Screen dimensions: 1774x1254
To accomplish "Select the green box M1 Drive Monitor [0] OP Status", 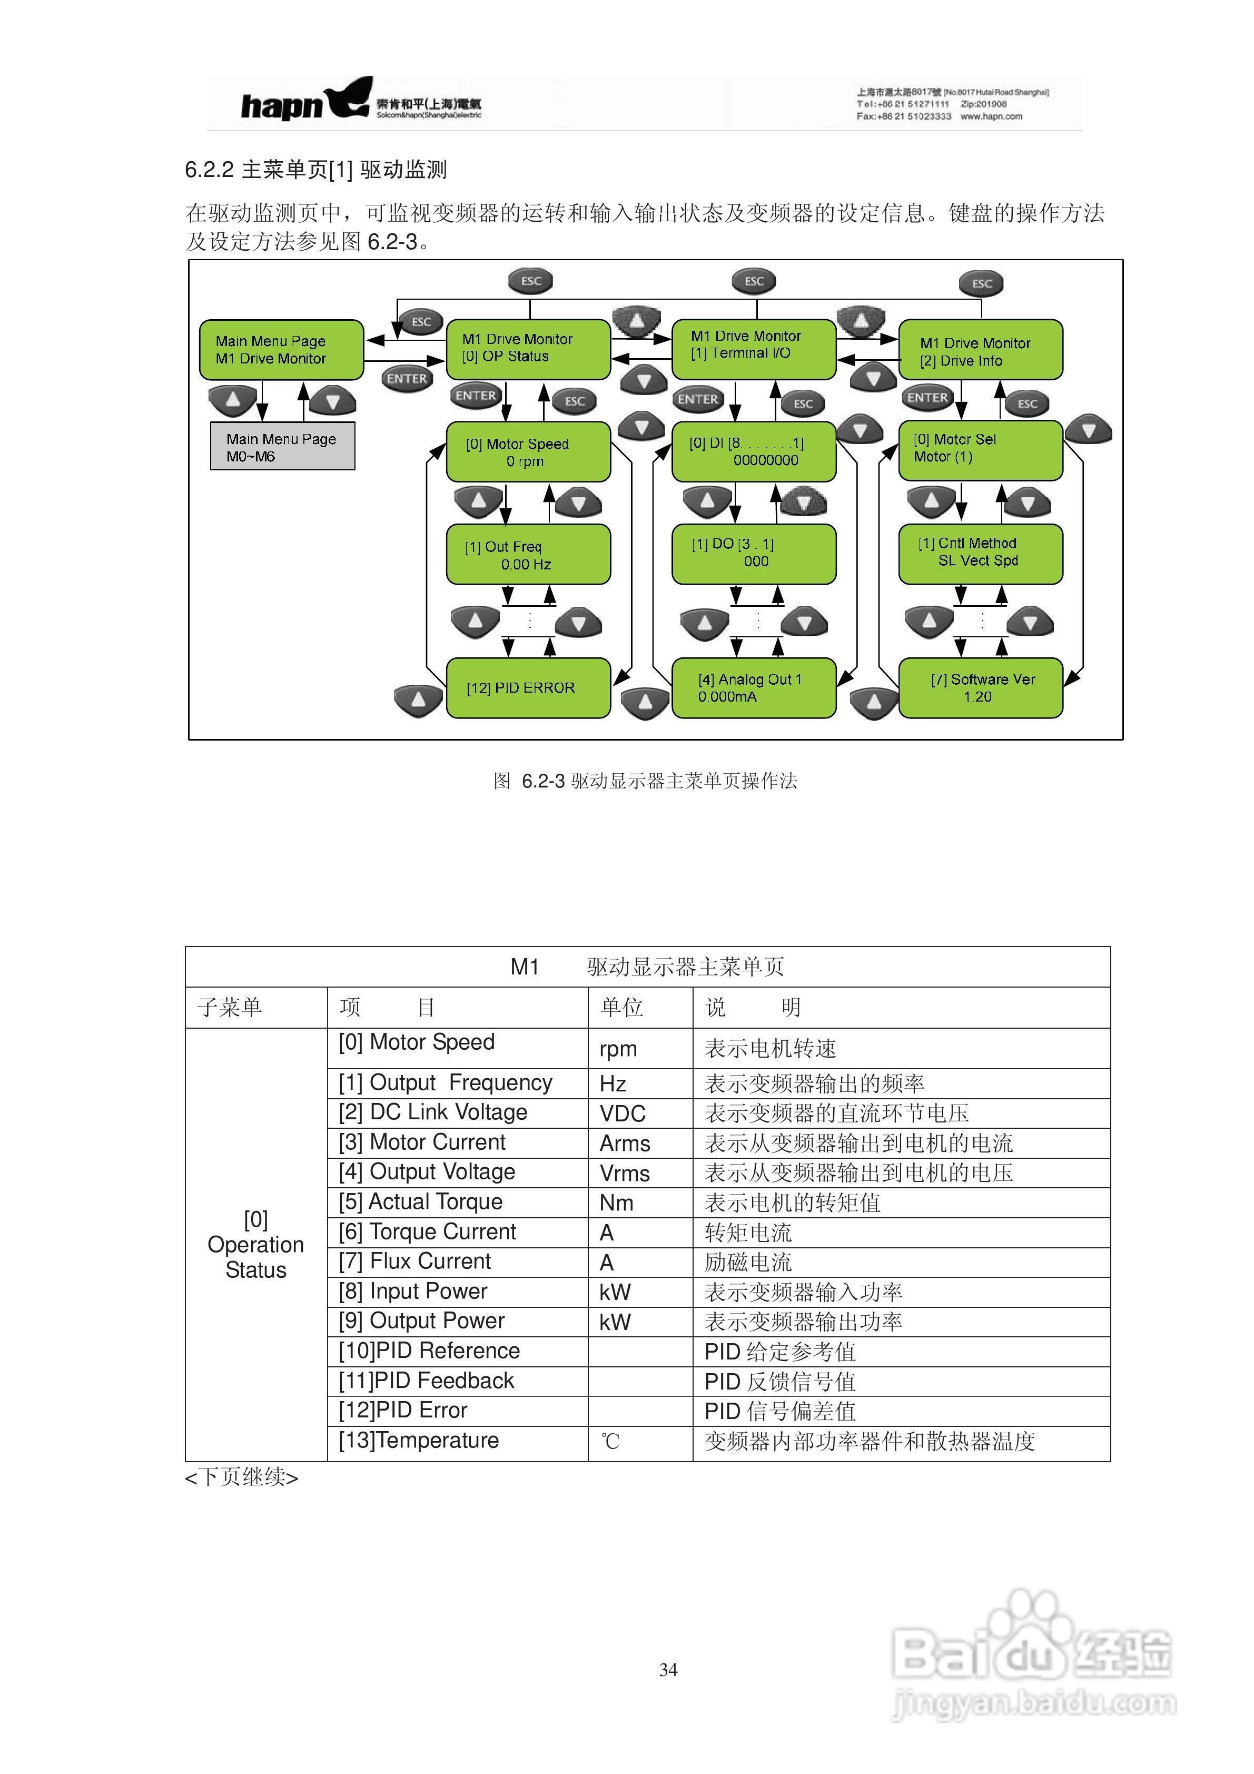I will [528, 349].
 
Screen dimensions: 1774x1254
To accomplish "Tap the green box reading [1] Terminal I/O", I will [753, 346].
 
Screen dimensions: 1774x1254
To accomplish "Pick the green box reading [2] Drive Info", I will [980, 351].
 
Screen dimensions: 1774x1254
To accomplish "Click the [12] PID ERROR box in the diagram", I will [528, 688].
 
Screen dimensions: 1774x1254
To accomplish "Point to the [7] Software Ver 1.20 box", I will [980, 688].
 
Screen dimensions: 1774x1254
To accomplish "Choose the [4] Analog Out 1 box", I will [753, 688].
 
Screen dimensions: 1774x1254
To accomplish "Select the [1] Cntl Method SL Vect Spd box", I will [980, 553].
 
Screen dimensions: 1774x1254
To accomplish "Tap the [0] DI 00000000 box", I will [753, 451].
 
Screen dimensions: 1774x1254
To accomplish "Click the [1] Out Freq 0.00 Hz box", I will [528, 555].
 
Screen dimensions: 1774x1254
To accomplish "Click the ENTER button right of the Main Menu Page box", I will [407, 379].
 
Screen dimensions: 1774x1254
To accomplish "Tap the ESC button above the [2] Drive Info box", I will [981, 283].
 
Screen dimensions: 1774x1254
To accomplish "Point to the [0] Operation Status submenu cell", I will [256, 1245].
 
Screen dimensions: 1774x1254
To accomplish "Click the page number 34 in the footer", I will [668, 1670].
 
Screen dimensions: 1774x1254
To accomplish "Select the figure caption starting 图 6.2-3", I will [645, 781].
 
